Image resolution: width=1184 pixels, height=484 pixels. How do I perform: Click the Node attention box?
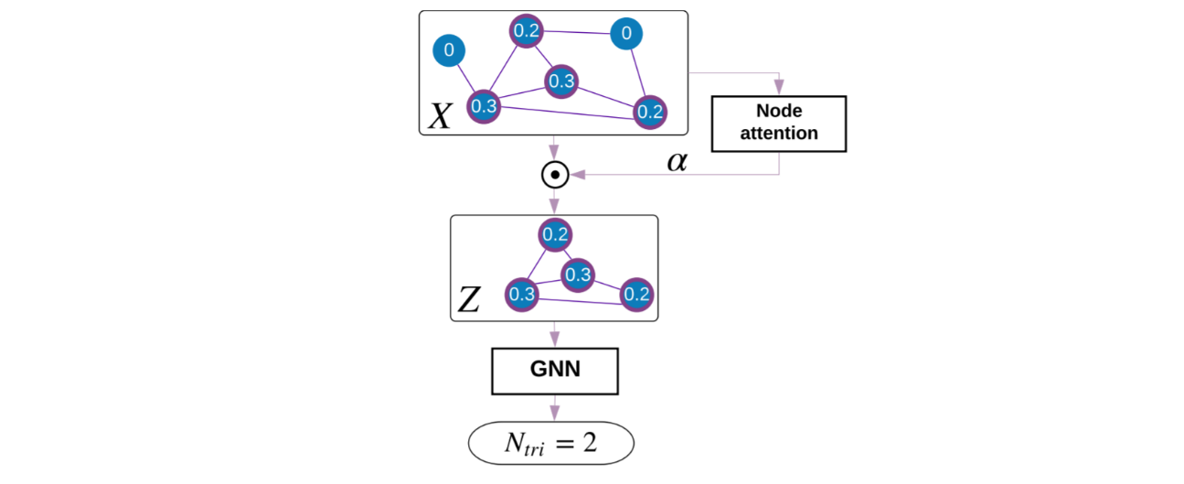pyautogui.click(x=779, y=123)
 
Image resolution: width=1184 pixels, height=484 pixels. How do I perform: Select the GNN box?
pyautogui.click(x=554, y=371)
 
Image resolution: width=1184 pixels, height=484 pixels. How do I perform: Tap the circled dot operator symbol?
pyautogui.click(x=554, y=174)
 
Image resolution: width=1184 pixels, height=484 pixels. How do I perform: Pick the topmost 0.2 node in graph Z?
pyautogui.click(x=555, y=234)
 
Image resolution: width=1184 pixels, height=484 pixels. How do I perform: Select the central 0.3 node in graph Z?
pyautogui.click(x=578, y=274)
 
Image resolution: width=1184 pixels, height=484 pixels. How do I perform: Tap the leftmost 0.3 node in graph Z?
pyautogui.click(x=522, y=295)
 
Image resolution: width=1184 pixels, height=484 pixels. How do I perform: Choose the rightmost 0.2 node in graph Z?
pyautogui.click(x=636, y=294)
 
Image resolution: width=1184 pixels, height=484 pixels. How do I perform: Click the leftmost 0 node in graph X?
pyautogui.click(x=448, y=50)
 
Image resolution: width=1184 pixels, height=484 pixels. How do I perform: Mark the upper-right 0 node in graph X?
pyautogui.click(x=626, y=34)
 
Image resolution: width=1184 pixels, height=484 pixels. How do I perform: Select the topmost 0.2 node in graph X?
pyautogui.click(x=526, y=31)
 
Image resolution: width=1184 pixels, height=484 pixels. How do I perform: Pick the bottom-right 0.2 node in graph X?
pyautogui.click(x=650, y=112)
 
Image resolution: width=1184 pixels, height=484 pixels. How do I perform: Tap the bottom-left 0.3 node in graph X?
pyautogui.click(x=484, y=106)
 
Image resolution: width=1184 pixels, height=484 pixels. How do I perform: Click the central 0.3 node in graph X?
pyautogui.click(x=561, y=81)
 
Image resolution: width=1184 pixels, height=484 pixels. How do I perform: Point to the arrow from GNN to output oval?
pyautogui.click(x=554, y=408)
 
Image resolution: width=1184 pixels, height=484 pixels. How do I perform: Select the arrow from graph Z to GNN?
pyautogui.click(x=554, y=335)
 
